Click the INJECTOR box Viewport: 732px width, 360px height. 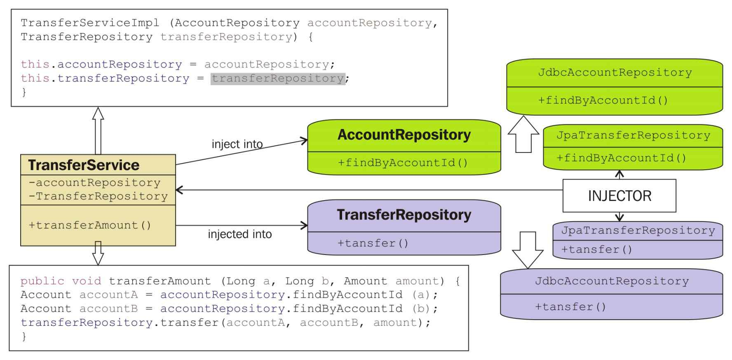(x=619, y=196)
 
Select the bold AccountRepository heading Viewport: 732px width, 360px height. (x=404, y=135)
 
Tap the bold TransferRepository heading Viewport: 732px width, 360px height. (x=404, y=215)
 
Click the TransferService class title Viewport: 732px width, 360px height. (x=84, y=165)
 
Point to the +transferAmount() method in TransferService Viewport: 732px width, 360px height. (x=90, y=225)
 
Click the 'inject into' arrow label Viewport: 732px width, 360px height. (x=237, y=144)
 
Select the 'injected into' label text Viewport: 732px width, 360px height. (x=239, y=234)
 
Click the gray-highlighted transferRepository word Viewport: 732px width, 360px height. (x=278, y=78)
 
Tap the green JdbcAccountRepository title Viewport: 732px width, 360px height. (x=615, y=72)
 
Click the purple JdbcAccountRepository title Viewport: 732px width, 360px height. (x=612, y=281)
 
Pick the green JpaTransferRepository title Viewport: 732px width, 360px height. (x=633, y=136)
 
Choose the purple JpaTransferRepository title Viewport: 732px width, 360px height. (x=638, y=230)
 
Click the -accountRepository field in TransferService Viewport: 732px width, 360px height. (x=94, y=182)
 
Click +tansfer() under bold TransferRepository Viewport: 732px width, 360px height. (x=373, y=243)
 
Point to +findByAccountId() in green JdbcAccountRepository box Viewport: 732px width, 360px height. (x=603, y=101)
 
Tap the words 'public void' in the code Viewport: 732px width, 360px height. (x=61, y=281)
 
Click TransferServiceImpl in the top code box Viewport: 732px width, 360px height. (x=90, y=23)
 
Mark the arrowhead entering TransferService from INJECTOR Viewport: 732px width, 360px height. (x=179, y=190)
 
